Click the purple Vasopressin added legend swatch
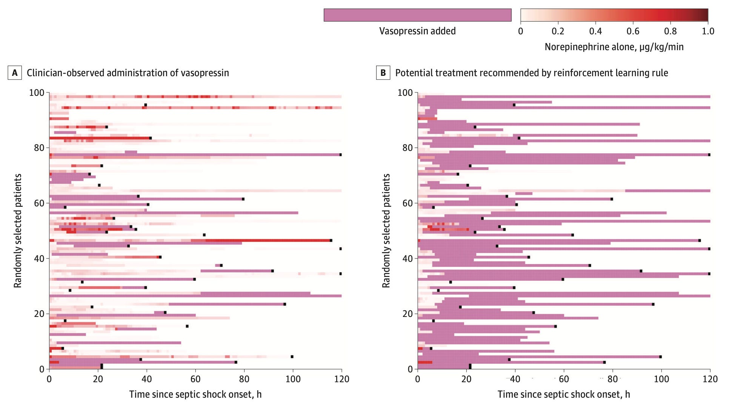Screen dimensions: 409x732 (417, 15)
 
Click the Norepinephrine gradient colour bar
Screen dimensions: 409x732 (614, 15)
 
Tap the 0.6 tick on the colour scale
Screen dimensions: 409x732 (633, 31)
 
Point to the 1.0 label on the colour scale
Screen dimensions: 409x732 (708, 31)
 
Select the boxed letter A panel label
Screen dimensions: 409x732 (15, 73)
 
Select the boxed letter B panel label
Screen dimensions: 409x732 (383, 73)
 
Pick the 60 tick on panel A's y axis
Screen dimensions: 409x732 (39, 203)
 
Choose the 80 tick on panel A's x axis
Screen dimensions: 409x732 (244, 379)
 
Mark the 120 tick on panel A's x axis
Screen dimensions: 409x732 (341, 379)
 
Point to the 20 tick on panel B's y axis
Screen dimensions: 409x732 (408, 314)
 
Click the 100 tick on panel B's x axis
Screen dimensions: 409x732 (661, 379)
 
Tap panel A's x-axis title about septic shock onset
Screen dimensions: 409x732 (195, 394)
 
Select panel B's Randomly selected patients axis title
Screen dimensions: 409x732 (386, 231)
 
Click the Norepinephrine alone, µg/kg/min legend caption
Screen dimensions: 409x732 (614, 47)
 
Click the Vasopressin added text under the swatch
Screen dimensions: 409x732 (417, 31)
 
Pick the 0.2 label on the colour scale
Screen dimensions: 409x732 (558, 31)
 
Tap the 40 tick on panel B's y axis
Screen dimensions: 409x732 (408, 258)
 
